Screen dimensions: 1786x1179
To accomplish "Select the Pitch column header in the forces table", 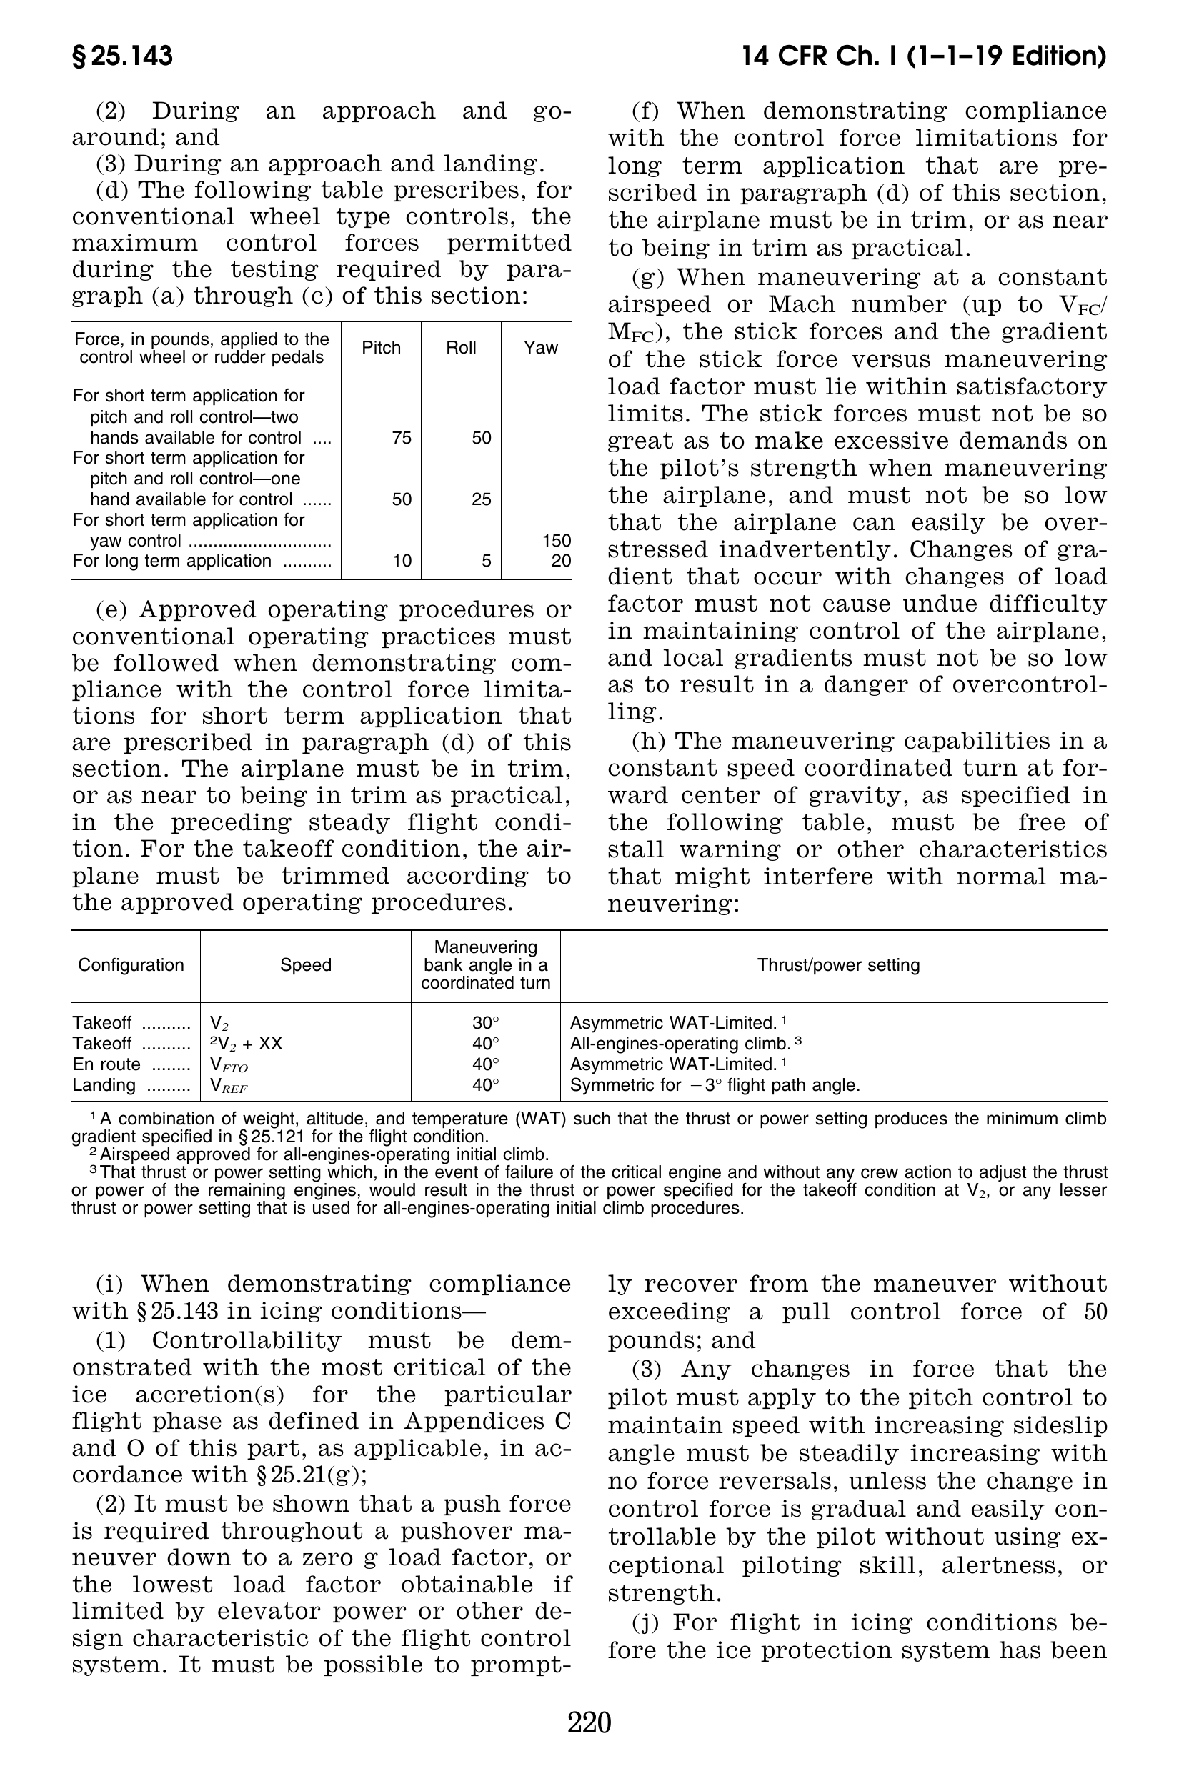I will click(382, 348).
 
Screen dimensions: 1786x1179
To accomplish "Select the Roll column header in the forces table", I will click(461, 348).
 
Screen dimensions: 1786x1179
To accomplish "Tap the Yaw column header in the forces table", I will click(541, 348).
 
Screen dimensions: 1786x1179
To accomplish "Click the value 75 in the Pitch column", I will click(402, 438).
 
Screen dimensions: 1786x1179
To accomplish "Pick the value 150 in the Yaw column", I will click(557, 542).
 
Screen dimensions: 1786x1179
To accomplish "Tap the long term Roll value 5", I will click(487, 562).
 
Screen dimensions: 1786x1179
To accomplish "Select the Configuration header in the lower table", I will click(131, 965).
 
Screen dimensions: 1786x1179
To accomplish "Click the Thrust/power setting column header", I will click(838, 965).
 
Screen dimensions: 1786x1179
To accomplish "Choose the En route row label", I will click(106, 1065).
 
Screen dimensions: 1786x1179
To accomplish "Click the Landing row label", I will click(104, 1085).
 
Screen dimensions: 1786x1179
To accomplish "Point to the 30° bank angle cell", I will click(486, 1024).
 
